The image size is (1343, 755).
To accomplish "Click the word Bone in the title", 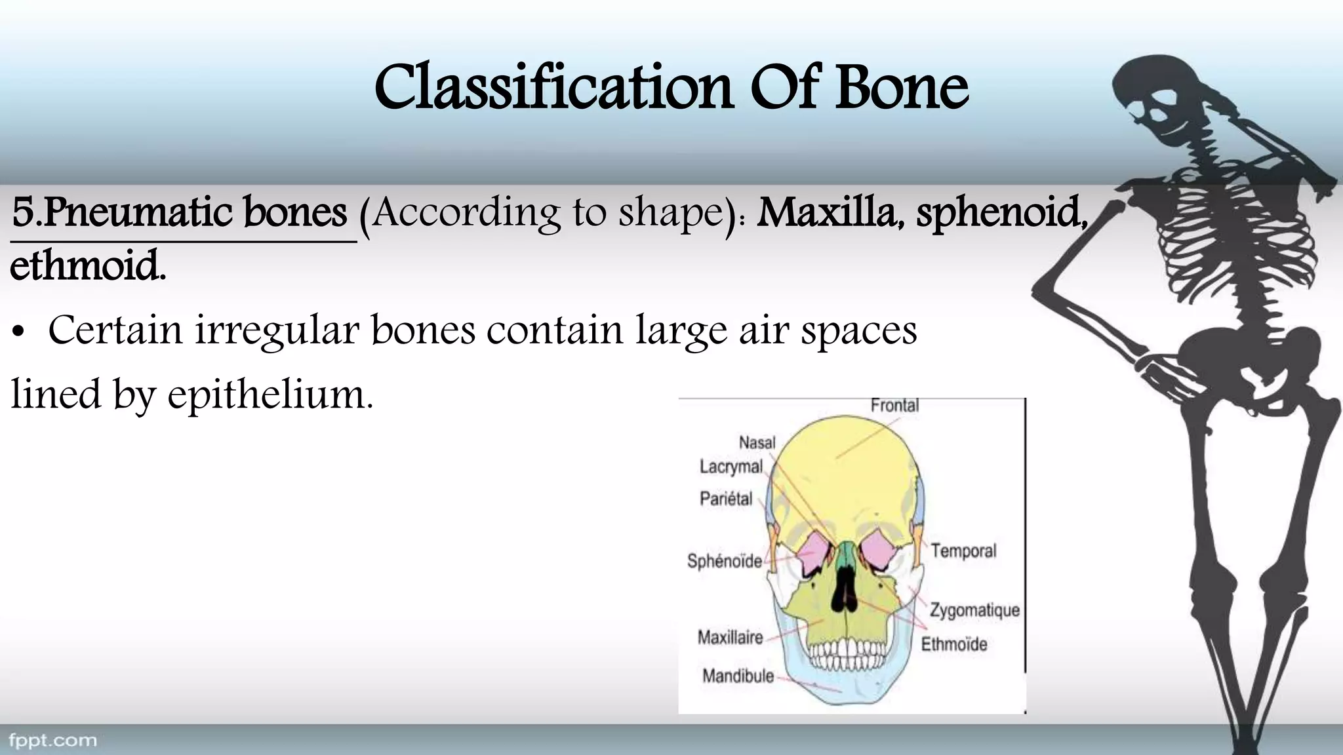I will [x=902, y=88].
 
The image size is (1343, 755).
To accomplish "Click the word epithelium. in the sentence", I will [x=270, y=395].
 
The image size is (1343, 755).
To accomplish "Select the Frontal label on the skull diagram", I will [x=894, y=406].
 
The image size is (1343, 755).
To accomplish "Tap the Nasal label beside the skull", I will [x=757, y=443].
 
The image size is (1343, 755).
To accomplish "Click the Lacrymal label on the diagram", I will [x=731, y=467].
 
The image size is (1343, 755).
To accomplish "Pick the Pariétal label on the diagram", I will [x=725, y=499].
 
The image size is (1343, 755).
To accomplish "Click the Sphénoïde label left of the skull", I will [x=724, y=561].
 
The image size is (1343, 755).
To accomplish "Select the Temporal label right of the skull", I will [x=963, y=551].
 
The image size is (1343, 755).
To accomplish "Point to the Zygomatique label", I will [x=974, y=610].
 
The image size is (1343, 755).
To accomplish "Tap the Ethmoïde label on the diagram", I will [x=953, y=644].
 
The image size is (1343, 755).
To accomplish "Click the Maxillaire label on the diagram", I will [x=730, y=638].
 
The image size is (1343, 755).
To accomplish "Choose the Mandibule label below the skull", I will [x=738, y=676].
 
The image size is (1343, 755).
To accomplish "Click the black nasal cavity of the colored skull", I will [x=845, y=587].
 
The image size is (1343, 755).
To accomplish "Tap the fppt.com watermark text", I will [x=52, y=741].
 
